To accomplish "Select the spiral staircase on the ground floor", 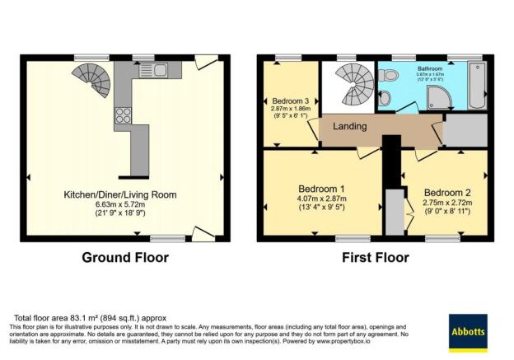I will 94,83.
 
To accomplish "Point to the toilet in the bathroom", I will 390,77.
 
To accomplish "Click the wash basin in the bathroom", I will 385,98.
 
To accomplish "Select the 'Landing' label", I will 349,127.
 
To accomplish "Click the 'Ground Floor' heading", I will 124,257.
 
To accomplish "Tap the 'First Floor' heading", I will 375,257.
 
